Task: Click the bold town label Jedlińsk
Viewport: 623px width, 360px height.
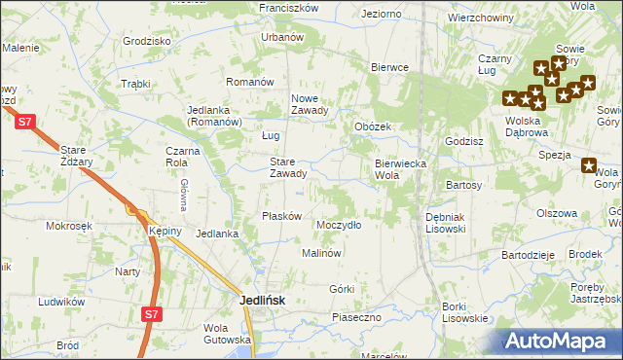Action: click(x=263, y=302)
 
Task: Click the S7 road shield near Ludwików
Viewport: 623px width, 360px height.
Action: click(x=149, y=314)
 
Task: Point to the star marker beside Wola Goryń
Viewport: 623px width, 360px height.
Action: click(x=589, y=165)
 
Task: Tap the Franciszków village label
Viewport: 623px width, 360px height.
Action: click(x=290, y=7)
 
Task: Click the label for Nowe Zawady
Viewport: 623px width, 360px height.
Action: click(x=311, y=104)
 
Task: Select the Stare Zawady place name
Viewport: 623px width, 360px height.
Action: click(x=288, y=168)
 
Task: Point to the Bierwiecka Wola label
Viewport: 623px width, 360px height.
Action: click(x=401, y=169)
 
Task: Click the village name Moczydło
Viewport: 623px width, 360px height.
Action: click(x=339, y=225)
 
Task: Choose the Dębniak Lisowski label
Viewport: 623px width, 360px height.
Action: click(x=446, y=223)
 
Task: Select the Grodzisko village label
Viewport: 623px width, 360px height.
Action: click(x=147, y=41)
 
